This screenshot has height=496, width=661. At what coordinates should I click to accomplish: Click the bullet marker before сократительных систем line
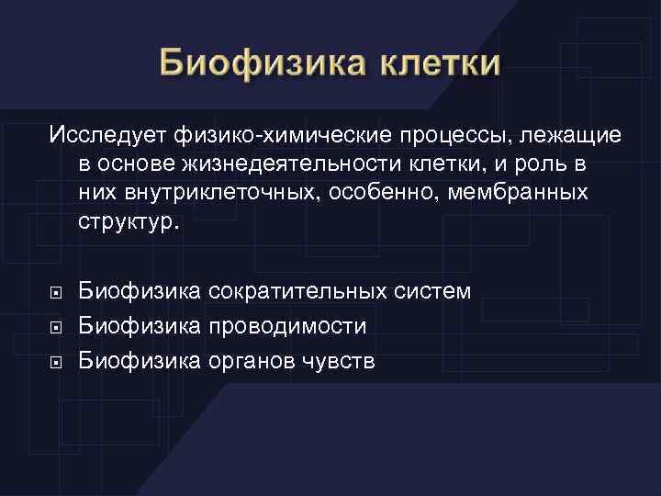pos(55,292)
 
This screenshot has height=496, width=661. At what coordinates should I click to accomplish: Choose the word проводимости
pos(287,326)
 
